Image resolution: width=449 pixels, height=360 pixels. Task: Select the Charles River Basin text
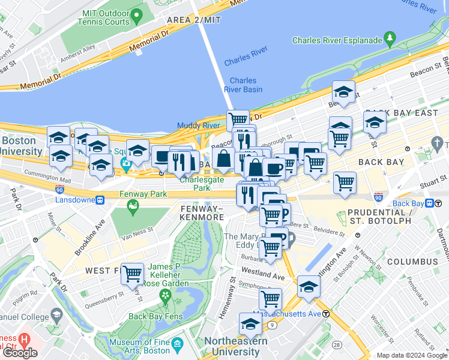coord(243,85)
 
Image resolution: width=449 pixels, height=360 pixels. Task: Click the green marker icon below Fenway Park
coord(132,208)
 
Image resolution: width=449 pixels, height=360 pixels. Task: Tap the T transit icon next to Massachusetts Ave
coord(326,314)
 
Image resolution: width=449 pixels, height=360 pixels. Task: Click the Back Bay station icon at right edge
coord(430,203)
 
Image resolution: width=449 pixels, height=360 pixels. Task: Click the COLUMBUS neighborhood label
coord(412,262)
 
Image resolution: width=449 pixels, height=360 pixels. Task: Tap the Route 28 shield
coord(337,344)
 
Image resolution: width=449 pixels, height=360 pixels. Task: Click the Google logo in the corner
coord(20,352)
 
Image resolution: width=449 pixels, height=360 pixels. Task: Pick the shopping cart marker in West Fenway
coord(132,274)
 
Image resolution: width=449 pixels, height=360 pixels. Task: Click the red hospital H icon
coord(24,340)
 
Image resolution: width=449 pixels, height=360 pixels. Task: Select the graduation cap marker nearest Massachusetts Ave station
coord(309,287)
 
